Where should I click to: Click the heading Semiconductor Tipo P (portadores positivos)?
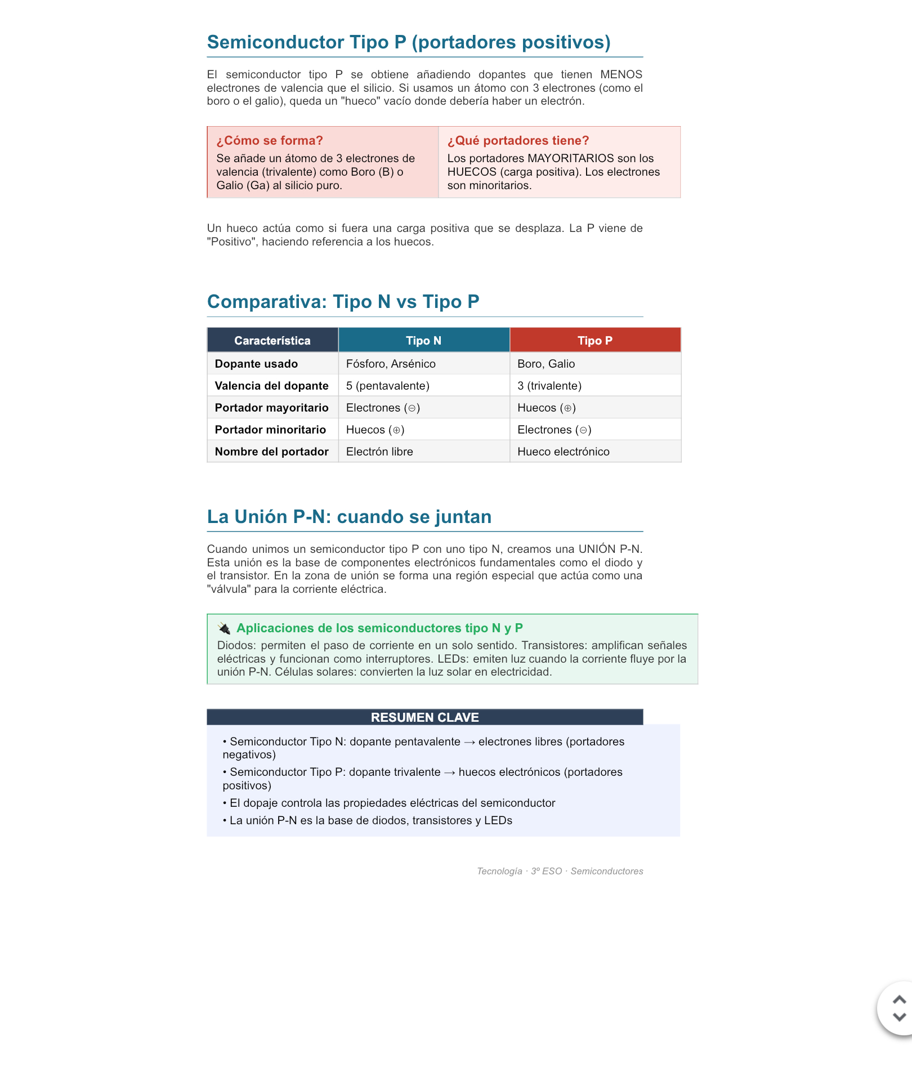(409, 42)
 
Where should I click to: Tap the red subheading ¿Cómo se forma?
(270, 141)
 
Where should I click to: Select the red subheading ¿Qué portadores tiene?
(518, 141)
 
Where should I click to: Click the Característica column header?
(272, 341)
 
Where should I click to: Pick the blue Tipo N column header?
(423, 341)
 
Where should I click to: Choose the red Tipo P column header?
(594, 341)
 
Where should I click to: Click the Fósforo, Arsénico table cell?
(391, 364)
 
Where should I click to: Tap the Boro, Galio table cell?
(546, 364)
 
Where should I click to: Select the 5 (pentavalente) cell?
(387, 386)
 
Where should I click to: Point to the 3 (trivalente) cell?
(549, 386)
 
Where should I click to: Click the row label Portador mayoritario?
(271, 408)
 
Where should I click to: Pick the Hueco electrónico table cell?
(563, 452)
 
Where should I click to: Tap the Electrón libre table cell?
(379, 452)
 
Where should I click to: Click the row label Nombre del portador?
(271, 452)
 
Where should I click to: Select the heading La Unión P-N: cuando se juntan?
(349, 517)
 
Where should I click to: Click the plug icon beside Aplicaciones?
(224, 628)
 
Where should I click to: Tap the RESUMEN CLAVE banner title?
(424, 717)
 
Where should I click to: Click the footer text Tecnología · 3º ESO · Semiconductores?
(560, 871)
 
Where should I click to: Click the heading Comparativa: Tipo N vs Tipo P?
(343, 302)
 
